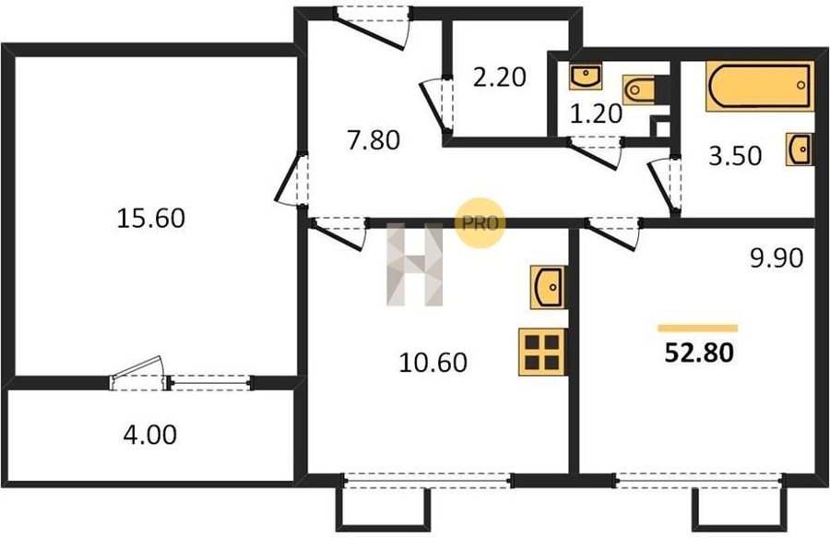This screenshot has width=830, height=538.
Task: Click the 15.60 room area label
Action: pos(151,218)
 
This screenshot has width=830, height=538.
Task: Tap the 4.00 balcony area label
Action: pos(150,435)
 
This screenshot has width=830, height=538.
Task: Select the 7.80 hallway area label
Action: pos(373,141)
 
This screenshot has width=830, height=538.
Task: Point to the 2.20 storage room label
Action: pos(499,78)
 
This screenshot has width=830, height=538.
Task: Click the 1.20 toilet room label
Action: pos(596,114)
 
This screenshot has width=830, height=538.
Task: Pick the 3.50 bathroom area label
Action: pos(735,156)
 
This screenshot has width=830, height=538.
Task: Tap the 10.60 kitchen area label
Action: pos(433,364)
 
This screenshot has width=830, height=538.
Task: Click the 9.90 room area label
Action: pos(777,258)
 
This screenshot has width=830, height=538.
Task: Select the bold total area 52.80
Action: pos(699,353)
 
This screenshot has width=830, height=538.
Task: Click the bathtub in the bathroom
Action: pos(760,87)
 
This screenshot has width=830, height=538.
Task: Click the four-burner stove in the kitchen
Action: pos(542,353)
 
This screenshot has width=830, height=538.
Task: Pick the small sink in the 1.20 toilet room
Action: pos(586,77)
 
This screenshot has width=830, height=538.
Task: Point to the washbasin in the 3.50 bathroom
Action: pos(800,149)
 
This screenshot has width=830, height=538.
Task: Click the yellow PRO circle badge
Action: pos(480,223)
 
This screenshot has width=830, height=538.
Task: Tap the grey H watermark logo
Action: pos(414,265)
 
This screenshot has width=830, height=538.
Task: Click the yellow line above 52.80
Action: pos(698,329)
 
